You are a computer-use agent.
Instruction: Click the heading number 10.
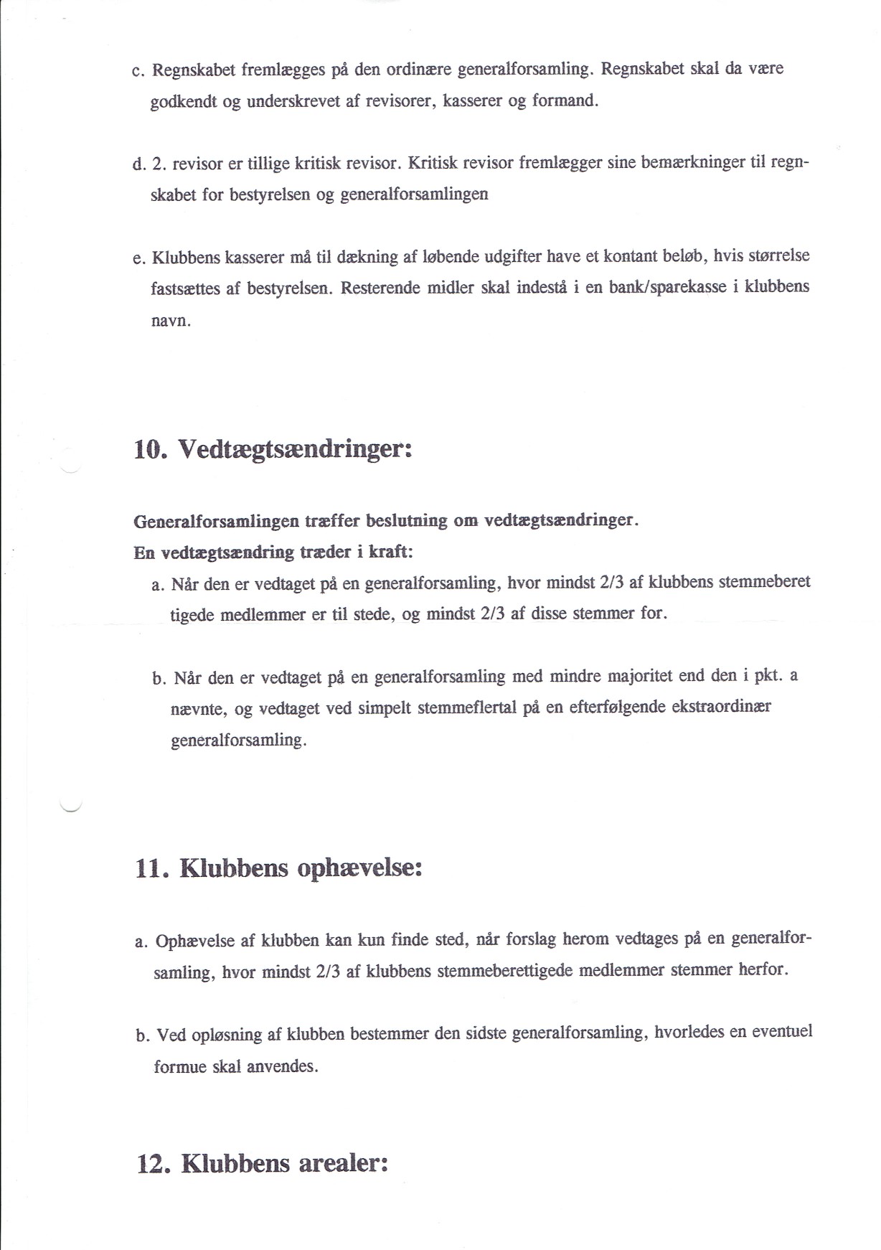click(x=150, y=450)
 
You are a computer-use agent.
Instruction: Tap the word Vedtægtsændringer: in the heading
click(x=295, y=450)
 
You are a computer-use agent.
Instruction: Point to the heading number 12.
click(x=153, y=1163)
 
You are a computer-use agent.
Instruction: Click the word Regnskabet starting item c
click(x=194, y=70)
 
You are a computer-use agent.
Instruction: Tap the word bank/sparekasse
click(x=667, y=287)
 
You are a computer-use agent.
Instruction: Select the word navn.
click(x=170, y=321)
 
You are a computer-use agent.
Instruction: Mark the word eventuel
click(x=782, y=1032)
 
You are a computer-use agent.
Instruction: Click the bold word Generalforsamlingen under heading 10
click(x=216, y=521)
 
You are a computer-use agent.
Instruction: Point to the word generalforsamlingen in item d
click(x=414, y=194)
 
